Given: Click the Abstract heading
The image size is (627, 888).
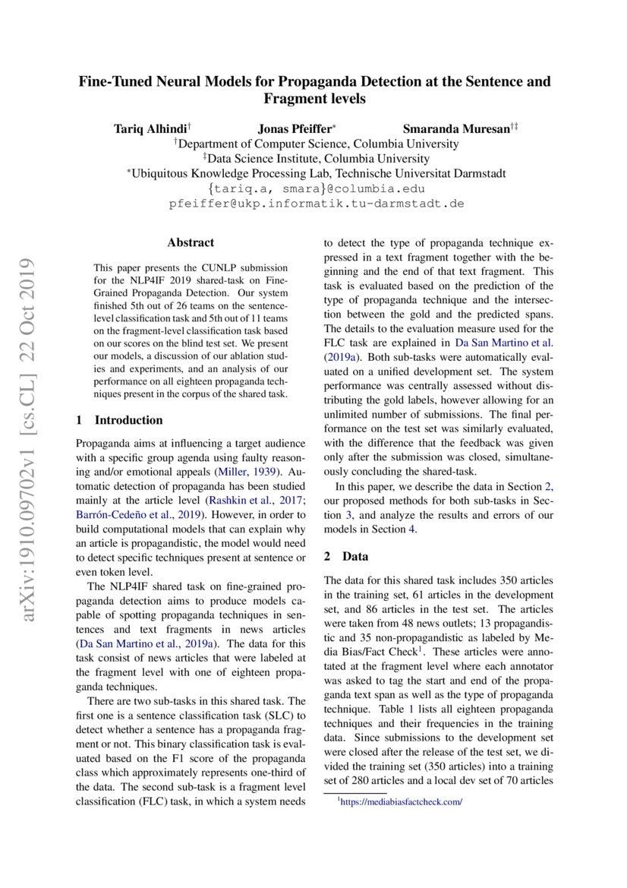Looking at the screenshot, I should coord(191,243).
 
